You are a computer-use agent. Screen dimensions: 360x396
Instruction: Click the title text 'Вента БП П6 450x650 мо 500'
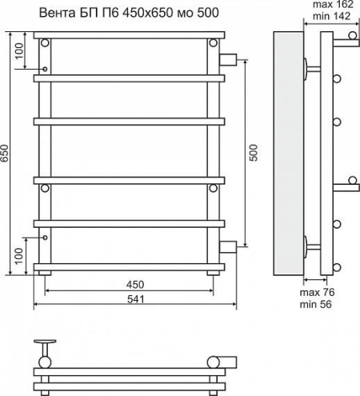(129, 13)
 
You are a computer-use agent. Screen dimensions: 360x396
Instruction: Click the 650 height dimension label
(5, 153)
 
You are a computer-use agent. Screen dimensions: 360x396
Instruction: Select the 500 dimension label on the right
(254, 153)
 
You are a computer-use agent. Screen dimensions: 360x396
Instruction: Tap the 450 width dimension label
(135, 285)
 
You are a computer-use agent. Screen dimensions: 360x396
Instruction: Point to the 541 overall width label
(135, 299)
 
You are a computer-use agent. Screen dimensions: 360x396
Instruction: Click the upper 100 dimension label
(19, 51)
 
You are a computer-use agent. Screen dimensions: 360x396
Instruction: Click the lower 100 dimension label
(18, 256)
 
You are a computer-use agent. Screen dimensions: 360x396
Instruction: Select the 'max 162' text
(333, 4)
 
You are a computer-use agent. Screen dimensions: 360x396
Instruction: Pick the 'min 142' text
(331, 16)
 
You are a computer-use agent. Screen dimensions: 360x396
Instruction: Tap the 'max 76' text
(317, 292)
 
